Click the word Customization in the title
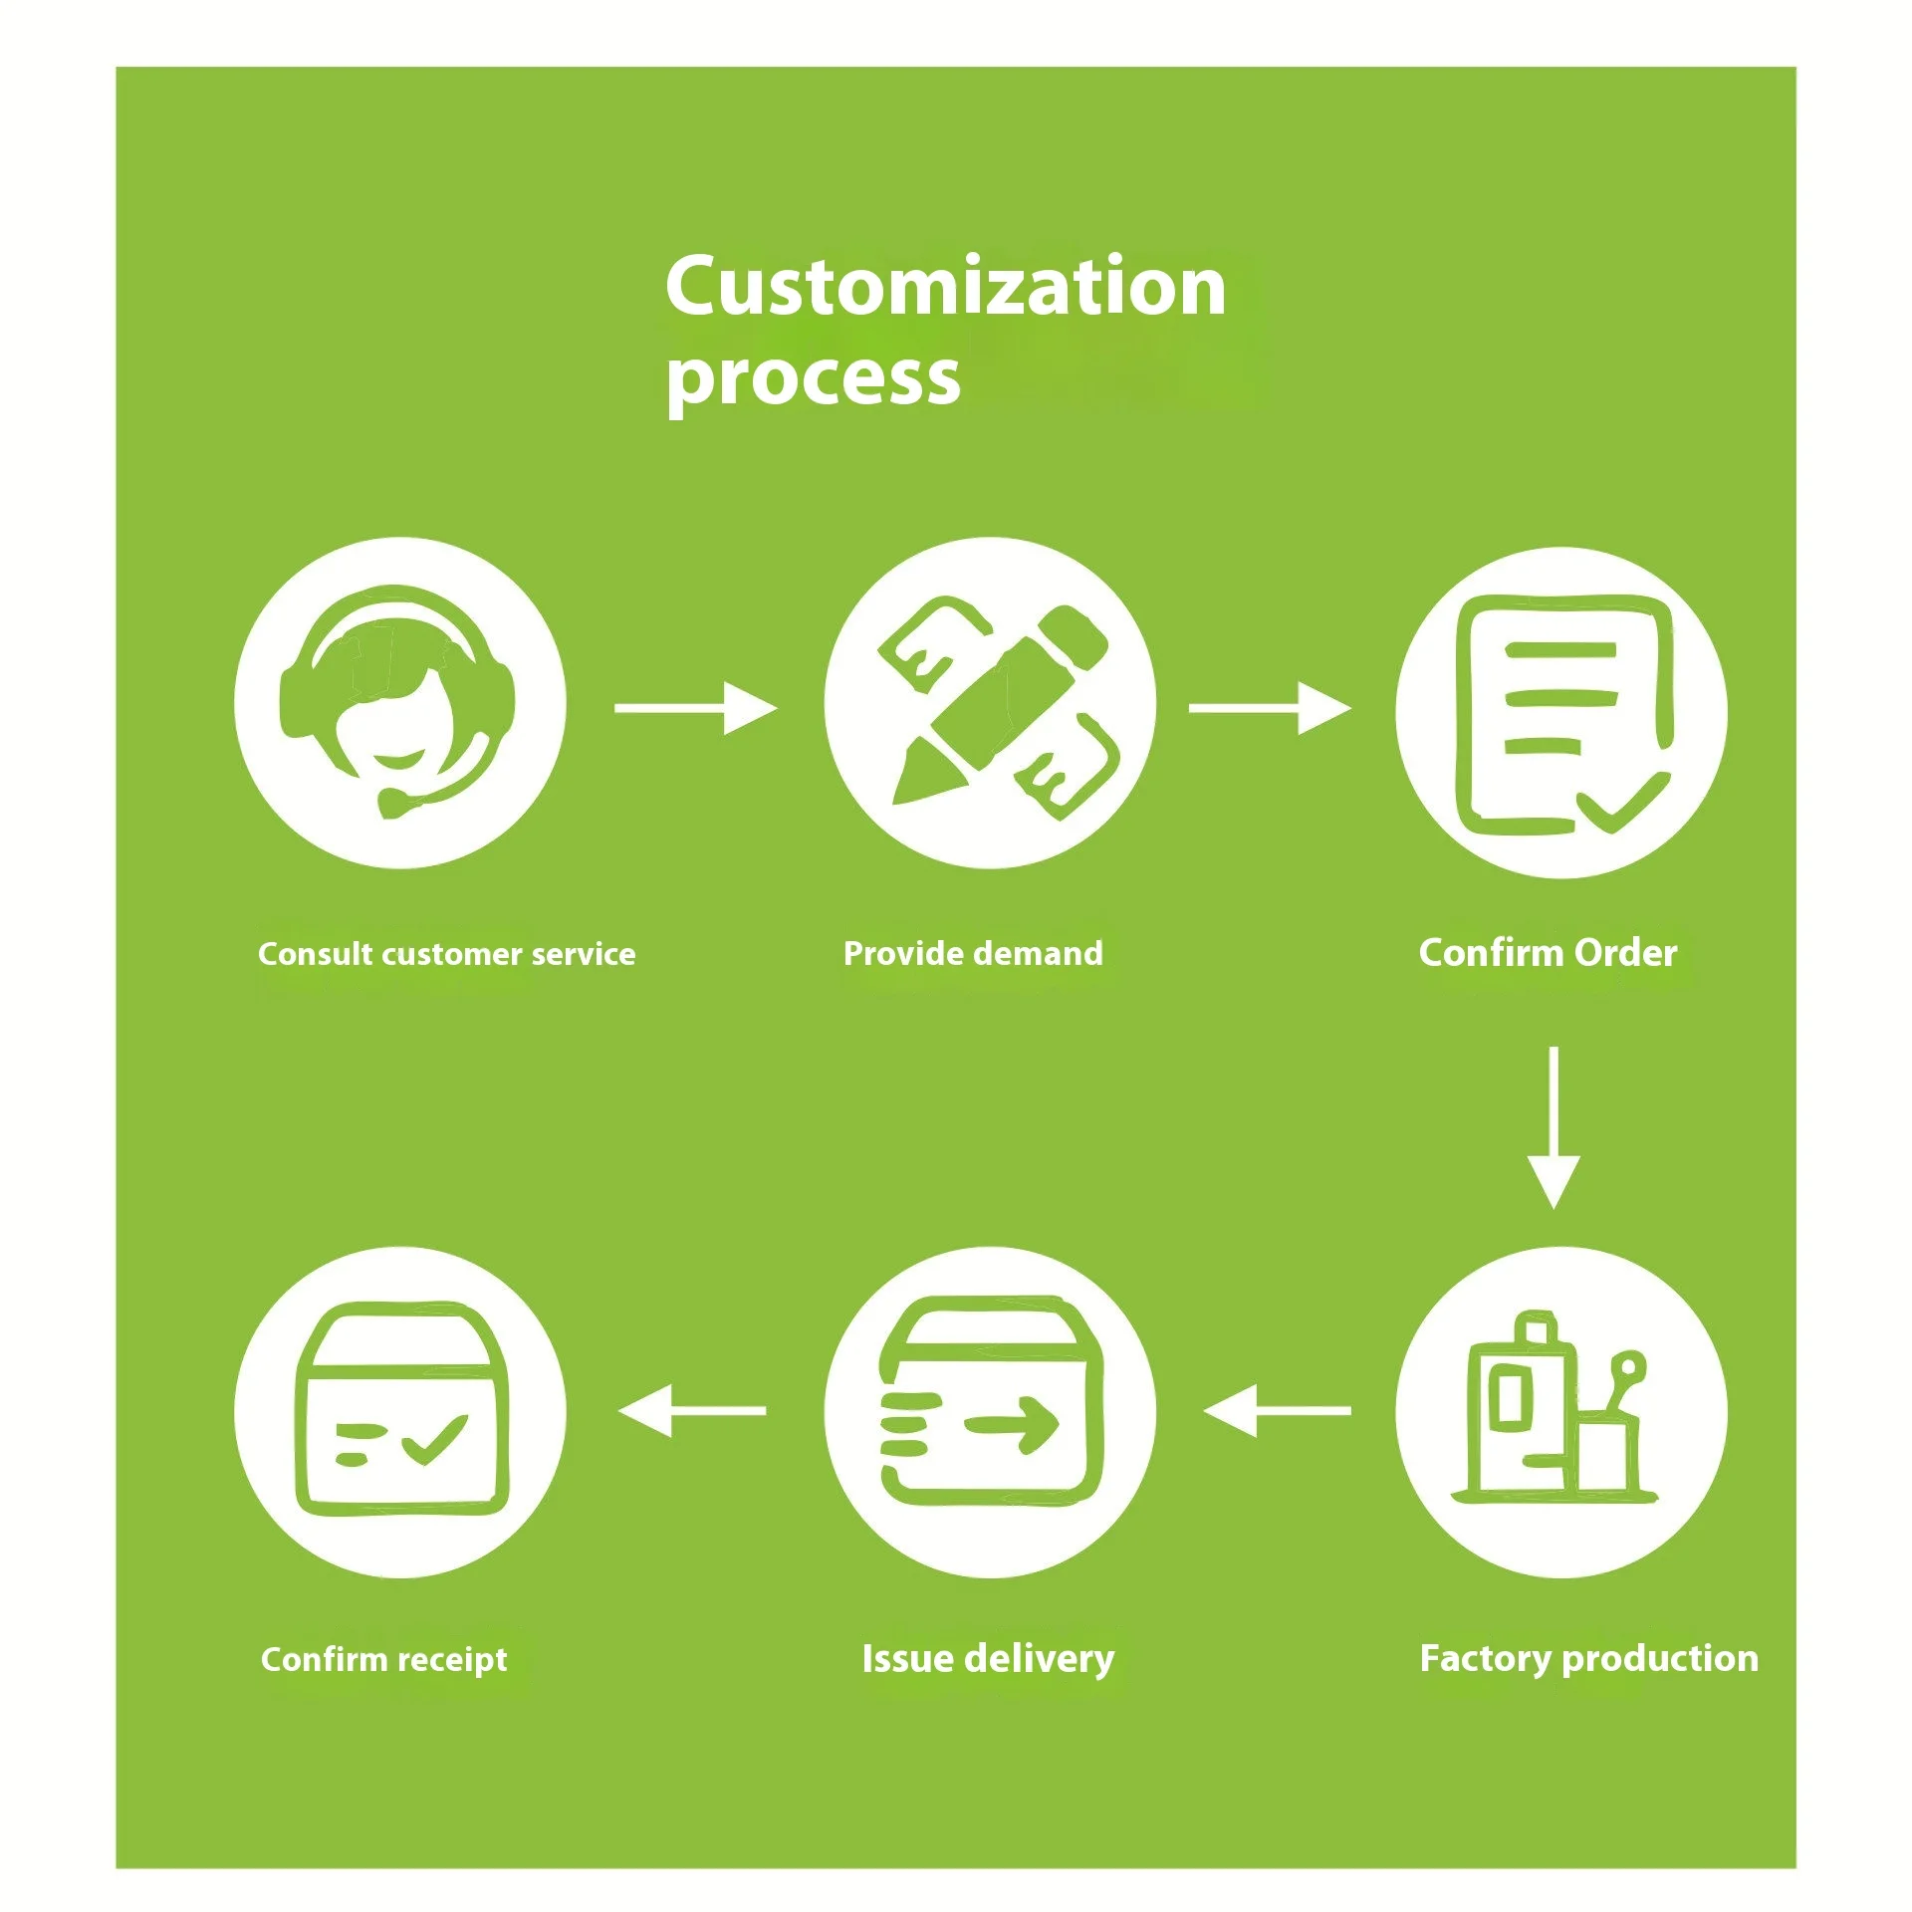(945, 287)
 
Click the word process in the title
(813, 378)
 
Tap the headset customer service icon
(399, 703)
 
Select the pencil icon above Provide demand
(990, 703)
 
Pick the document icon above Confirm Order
(1560, 713)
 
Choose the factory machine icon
(1560, 1412)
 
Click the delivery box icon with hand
(990, 1412)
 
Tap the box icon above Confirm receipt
(399, 1412)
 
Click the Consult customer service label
(446, 954)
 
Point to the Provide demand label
(973, 953)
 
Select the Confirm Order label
(1548, 953)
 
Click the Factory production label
(1588, 1658)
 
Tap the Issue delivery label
(988, 1658)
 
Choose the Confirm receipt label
(383, 1659)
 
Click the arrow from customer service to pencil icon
(695, 708)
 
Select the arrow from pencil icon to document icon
(1270, 708)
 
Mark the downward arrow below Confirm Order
(1553, 1126)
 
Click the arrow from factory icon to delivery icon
(1277, 1410)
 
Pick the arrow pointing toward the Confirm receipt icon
(692, 1410)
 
